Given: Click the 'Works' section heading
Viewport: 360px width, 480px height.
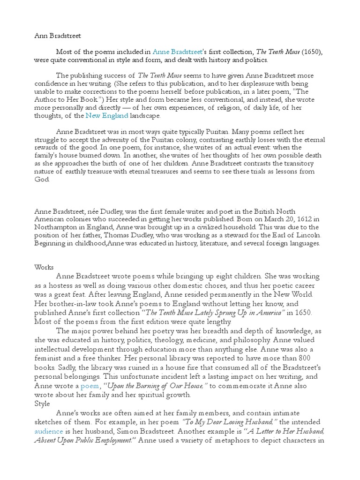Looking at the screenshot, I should [45, 267].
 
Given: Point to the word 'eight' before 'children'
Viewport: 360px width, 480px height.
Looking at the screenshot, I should [257, 276].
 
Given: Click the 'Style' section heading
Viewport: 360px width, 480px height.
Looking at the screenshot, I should [44, 403].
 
